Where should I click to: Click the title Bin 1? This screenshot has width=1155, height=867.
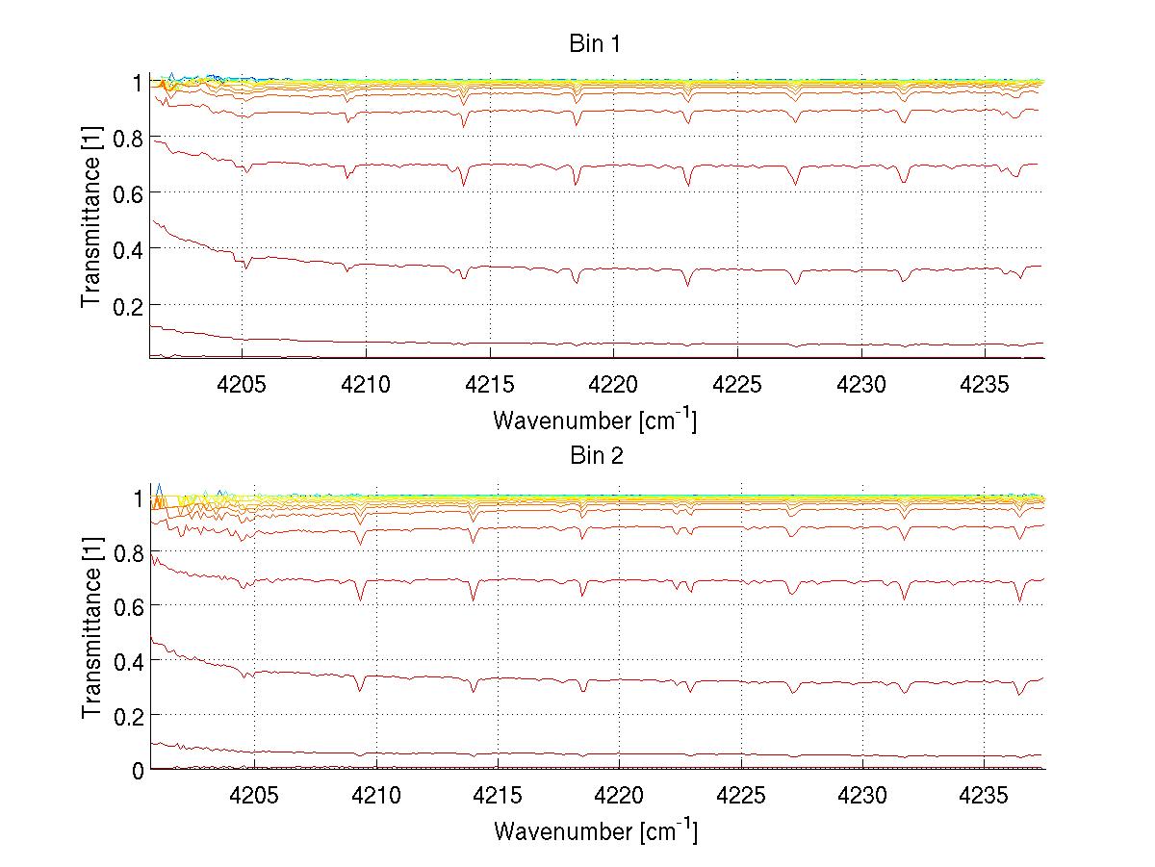[x=595, y=44]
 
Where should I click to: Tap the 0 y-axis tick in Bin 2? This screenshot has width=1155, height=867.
[x=137, y=770]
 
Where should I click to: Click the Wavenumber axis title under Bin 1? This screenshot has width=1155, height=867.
[x=595, y=420]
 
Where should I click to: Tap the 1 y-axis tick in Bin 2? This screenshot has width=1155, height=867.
[x=137, y=497]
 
